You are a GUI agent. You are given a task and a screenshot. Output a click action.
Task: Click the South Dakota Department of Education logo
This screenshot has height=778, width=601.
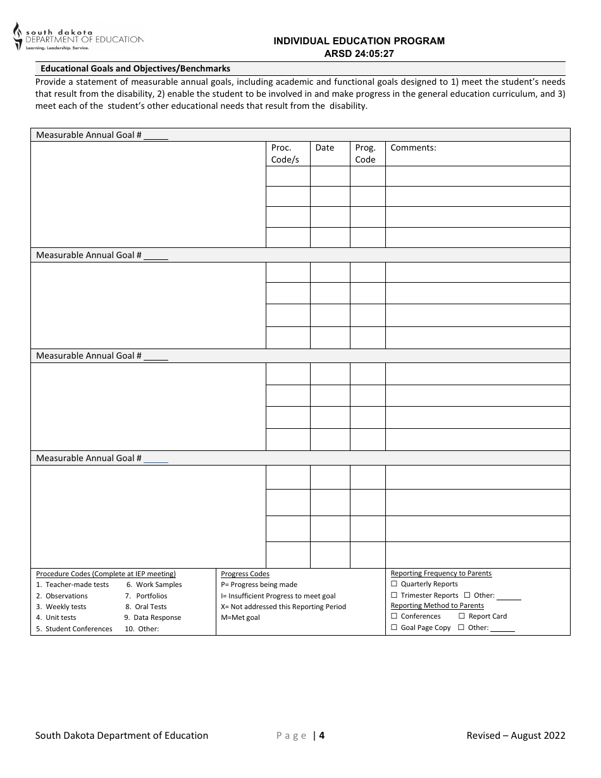pyautogui.click(x=78, y=37)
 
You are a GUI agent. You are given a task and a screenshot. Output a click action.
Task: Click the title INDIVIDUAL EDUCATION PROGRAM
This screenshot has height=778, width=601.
pyautogui.click(x=359, y=41)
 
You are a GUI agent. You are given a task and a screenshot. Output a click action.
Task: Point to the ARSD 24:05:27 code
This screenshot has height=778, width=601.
pyautogui.click(x=359, y=54)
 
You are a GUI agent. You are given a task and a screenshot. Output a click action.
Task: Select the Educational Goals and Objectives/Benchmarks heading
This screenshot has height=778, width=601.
pyautogui.click(x=135, y=68)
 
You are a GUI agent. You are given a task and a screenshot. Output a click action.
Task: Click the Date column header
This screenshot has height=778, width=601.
pyautogui.click(x=325, y=148)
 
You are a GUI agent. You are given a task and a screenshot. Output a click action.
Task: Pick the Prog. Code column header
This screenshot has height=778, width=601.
pyautogui.click(x=365, y=154)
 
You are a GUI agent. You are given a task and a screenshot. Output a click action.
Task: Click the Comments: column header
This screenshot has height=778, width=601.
pyautogui.click(x=413, y=148)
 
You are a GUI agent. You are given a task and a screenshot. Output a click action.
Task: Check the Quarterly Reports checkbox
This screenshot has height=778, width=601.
pyautogui.click(x=394, y=584)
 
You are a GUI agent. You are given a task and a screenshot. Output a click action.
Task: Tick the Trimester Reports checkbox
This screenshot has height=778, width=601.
pyautogui.click(x=394, y=595)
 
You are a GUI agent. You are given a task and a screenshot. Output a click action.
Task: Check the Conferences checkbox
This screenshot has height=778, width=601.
pyautogui.click(x=394, y=616)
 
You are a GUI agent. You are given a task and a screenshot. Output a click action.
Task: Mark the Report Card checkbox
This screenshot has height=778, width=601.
pyautogui.click(x=462, y=616)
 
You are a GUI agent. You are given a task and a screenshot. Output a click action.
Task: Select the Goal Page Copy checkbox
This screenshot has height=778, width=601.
pyautogui.click(x=394, y=627)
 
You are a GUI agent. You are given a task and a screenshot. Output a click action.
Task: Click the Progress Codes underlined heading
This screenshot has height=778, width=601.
pyautogui.click(x=245, y=574)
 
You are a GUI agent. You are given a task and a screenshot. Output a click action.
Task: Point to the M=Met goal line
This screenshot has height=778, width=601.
pyautogui.click(x=240, y=617)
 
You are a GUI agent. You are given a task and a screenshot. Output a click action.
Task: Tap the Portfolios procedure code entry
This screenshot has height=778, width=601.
pyautogui.click(x=151, y=596)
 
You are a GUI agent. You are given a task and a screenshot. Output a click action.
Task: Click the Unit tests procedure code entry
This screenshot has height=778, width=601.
pyautogui.click(x=60, y=617)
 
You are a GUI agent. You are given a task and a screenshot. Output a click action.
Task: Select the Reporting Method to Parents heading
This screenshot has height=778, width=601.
pyautogui.click(x=437, y=605)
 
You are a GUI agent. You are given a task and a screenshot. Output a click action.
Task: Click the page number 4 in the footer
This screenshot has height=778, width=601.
pyautogui.click(x=322, y=735)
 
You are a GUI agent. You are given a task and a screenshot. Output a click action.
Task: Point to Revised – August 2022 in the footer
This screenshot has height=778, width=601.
pyautogui.click(x=516, y=735)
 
